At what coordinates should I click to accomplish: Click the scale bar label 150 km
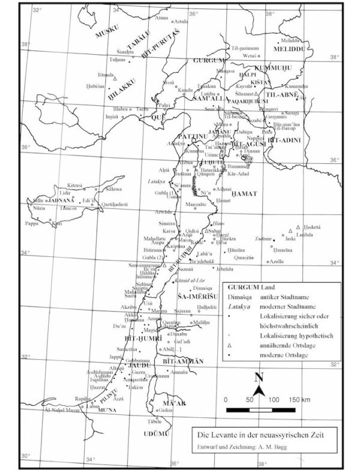[297, 399]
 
